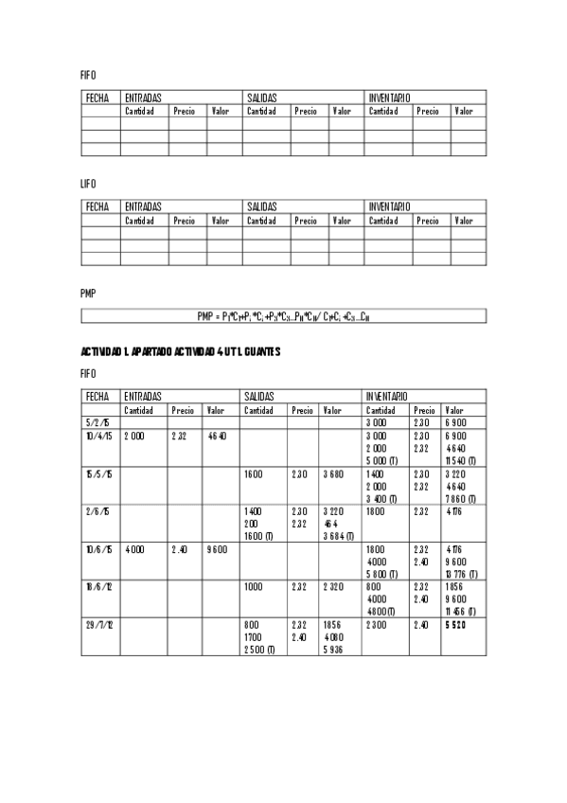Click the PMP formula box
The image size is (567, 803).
pyautogui.click(x=283, y=316)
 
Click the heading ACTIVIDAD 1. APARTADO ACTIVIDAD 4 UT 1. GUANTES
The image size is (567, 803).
pyautogui.click(x=181, y=352)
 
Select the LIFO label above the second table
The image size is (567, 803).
pyautogui.click(x=88, y=184)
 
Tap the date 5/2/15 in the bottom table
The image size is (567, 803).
pyautogui.click(x=97, y=422)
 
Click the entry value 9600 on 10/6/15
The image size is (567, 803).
pyautogui.click(x=217, y=548)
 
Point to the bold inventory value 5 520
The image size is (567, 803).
pyautogui.click(x=456, y=626)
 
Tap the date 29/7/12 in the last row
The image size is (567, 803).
pyautogui.click(x=100, y=626)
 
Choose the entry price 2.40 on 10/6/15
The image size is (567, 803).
pyautogui.click(x=181, y=548)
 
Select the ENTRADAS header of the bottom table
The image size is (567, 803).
pyautogui.click(x=143, y=396)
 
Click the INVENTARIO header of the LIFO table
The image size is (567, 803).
pyautogui.click(x=389, y=206)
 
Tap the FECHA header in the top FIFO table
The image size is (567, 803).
pyautogui.click(x=97, y=98)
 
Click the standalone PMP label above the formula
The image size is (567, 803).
pyautogui.click(x=88, y=294)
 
